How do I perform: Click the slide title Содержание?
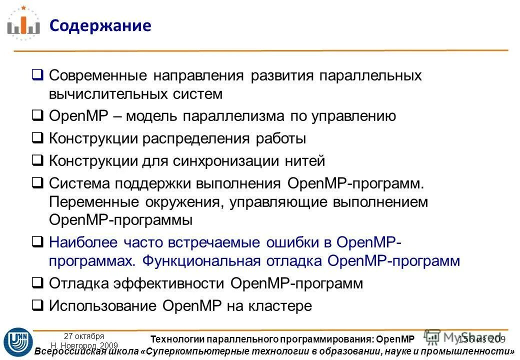[100, 25]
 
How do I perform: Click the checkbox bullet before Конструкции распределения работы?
[37, 139]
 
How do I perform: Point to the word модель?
[150, 116]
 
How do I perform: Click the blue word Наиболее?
[81, 242]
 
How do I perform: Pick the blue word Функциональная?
[201, 261]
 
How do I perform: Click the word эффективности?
[167, 283]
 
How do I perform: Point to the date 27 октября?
[84, 336]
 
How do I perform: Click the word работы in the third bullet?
[281, 138]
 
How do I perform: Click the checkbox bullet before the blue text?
[37, 243]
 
